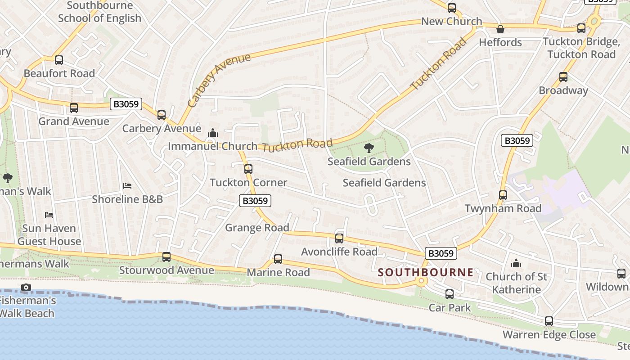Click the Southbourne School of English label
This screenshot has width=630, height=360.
[99, 12]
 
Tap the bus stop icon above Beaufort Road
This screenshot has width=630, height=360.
[59, 60]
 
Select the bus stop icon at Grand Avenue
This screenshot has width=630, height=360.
[74, 108]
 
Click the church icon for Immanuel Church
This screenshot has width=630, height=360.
[213, 133]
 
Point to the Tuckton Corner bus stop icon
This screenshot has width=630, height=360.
[248, 169]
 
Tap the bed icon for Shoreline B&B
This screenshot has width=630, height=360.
[127, 186]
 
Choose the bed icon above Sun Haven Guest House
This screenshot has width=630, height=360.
[49, 215]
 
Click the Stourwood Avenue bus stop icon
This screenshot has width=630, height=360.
[166, 257]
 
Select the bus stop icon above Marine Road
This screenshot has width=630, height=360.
[278, 259]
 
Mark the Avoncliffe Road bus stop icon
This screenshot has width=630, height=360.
[339, 238]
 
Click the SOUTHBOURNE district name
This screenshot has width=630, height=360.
[426, 272]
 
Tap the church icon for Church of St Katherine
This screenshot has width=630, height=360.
[516, 263]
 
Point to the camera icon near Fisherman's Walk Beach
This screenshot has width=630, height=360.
[26, 287]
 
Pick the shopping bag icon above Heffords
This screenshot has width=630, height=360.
[500, 29]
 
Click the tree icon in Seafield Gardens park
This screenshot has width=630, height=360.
[369, 148]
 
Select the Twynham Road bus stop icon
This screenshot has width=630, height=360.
[503, 195]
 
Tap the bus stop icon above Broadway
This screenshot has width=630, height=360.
[563, 77]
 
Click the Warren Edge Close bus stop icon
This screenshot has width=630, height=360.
[549, 321]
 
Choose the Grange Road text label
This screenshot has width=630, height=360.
[257, 228]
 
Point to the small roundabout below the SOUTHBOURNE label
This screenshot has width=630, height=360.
[422, 281]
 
